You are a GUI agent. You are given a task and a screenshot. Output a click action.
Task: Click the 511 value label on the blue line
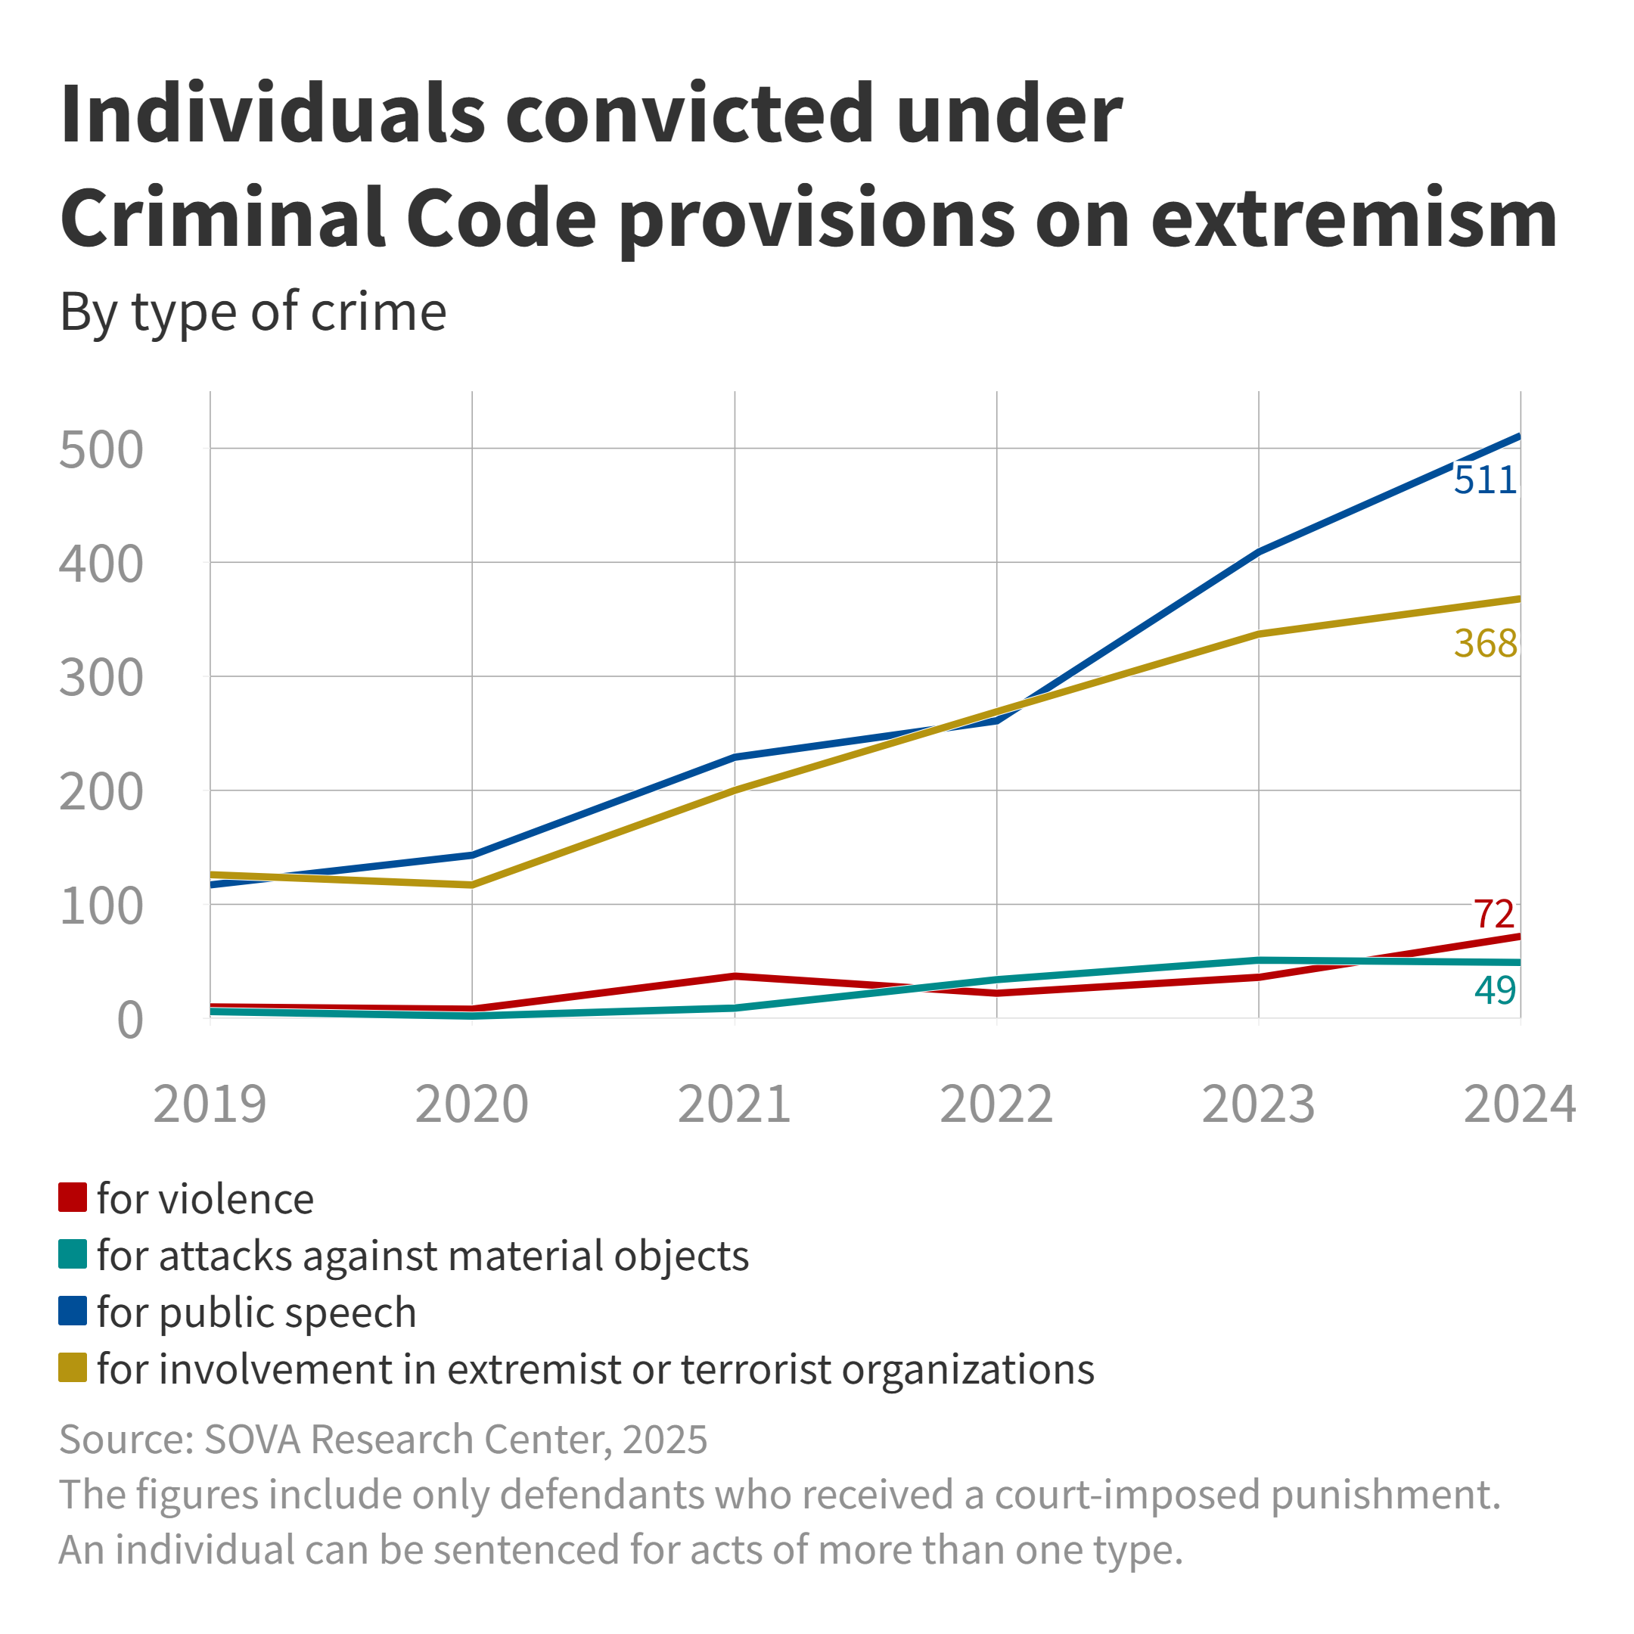[1484, 480]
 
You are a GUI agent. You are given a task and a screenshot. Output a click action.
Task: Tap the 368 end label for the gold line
[1485, 644]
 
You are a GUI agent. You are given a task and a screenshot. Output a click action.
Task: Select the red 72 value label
[1493, 915]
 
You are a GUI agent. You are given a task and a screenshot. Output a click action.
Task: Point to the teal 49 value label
[1495, 990]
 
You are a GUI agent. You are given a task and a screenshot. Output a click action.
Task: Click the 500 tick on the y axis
[101, 451]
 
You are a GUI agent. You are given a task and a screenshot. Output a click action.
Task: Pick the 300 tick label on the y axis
[101, 679]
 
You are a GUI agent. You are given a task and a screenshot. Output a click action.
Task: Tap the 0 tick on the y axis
[129, 1020]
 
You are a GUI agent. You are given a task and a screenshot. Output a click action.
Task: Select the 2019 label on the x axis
[210, 1104]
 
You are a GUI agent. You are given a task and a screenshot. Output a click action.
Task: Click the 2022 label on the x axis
[996, 1104]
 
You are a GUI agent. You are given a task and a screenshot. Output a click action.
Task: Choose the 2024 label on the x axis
[1520, 1104]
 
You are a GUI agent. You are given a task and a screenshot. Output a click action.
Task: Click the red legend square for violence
[73, 1198]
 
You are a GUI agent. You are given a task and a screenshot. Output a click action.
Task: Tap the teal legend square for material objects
[73, 1254]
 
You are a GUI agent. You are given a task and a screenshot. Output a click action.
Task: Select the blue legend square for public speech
[73, 1311]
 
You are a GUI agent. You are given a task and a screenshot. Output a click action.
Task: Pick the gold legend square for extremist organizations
[73, 1368]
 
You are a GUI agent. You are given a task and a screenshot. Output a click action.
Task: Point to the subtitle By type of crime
[253, 312]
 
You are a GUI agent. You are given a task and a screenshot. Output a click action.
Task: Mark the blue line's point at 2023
[1259, 552]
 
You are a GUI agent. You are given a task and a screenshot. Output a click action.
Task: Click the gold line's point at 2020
[472, 884]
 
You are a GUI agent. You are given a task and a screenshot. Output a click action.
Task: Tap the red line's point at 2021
[734, 976]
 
